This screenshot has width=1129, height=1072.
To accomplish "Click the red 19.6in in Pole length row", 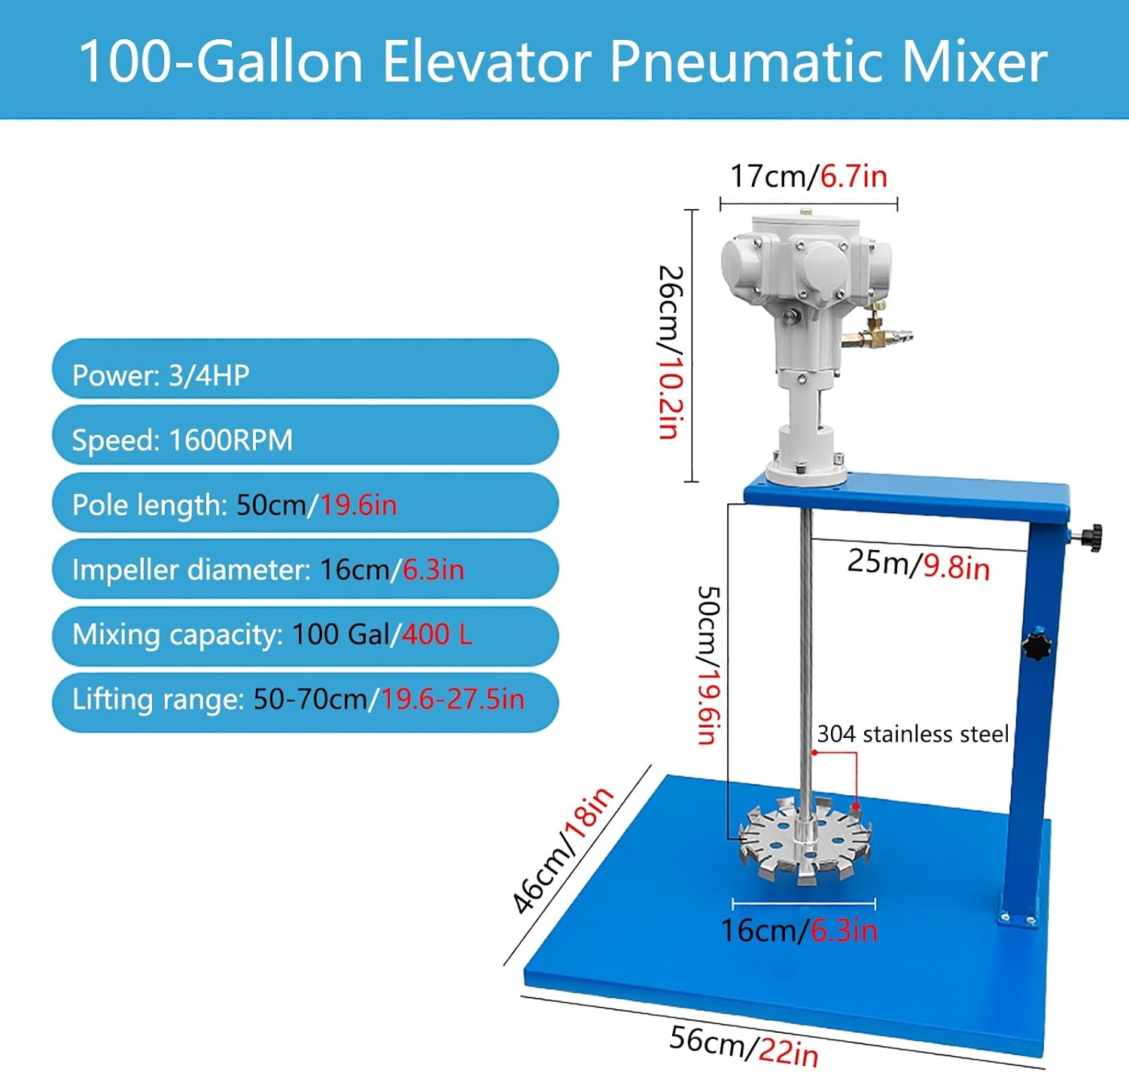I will (358, 505).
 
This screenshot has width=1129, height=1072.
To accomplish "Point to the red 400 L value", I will (437, 635).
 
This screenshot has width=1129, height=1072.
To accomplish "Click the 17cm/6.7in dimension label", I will (808, 176).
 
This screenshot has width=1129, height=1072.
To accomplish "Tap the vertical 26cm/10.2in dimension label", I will (671, 351).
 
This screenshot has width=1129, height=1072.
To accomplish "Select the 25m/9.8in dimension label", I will (918, 564).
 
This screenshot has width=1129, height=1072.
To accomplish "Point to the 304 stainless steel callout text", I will (912, 733).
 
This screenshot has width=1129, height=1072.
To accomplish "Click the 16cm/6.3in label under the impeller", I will (799, 931).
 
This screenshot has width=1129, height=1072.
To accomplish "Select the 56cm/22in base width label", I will (743, 1045).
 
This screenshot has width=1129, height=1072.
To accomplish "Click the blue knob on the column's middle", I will (1036, 645).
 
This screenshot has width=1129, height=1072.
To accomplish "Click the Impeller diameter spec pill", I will (305, 569).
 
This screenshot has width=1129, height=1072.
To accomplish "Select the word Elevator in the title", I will (486, 62).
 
